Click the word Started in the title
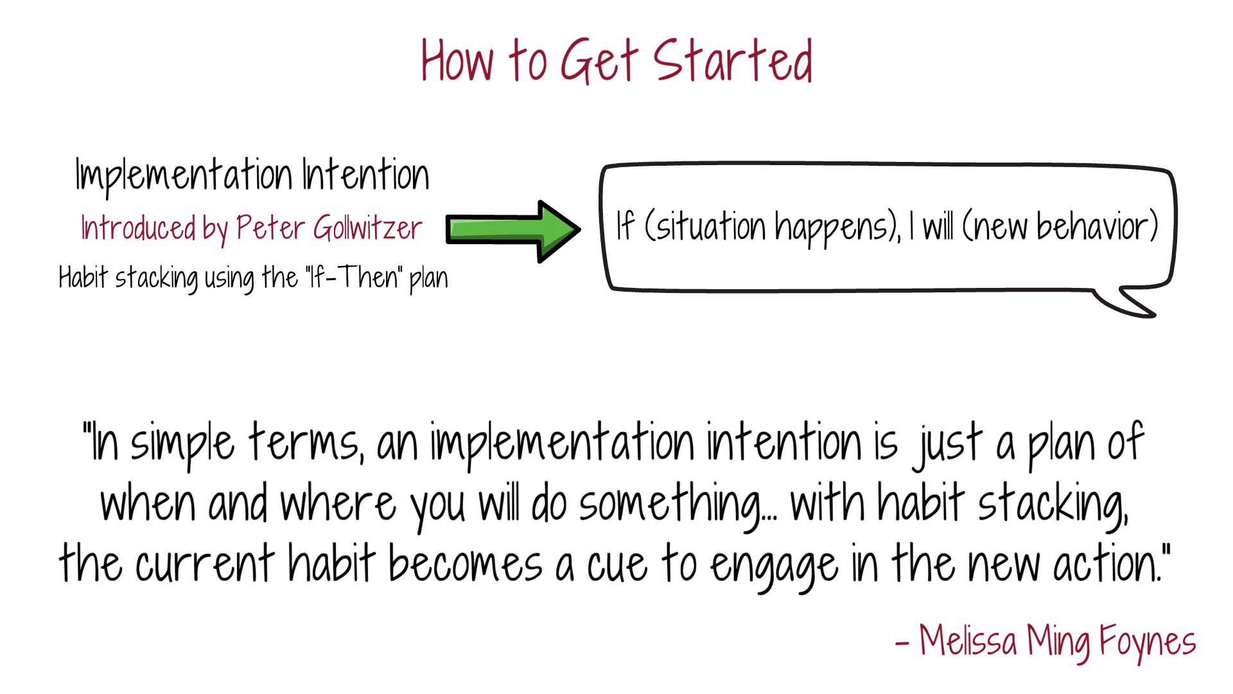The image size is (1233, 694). coord(733,60)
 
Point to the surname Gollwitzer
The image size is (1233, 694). coord(367,228)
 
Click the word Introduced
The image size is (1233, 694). coord(138,228)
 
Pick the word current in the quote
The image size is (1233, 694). coord(205,564)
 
